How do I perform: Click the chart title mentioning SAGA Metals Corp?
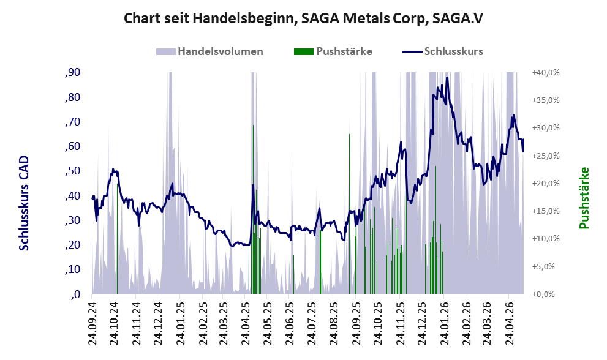304,18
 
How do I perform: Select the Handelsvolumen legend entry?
209,51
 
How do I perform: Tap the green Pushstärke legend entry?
333,51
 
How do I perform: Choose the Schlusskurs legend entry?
442,51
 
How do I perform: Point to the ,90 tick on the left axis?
73,72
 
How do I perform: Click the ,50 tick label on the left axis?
73,171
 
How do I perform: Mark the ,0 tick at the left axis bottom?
75,294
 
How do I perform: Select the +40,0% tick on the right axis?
546,72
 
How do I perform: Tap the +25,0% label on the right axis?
546,156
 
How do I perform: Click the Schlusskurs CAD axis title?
24,203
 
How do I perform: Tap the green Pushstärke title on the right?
584,198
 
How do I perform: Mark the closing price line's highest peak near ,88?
447,77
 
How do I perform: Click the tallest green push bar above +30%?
253,209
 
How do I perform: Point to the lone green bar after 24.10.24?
118,239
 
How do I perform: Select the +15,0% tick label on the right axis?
546,211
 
